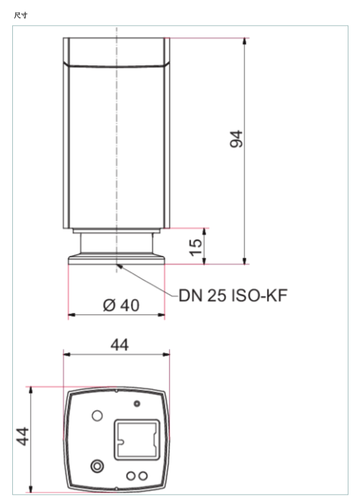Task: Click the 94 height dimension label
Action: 236,139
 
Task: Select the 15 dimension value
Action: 196,247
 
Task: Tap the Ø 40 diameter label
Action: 121,305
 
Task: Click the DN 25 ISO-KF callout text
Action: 233,295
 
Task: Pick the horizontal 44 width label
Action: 120,345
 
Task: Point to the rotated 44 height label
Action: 22,437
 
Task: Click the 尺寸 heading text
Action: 20,16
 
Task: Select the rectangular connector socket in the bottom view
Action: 137,439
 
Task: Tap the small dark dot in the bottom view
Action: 137,403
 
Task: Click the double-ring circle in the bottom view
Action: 97,466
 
